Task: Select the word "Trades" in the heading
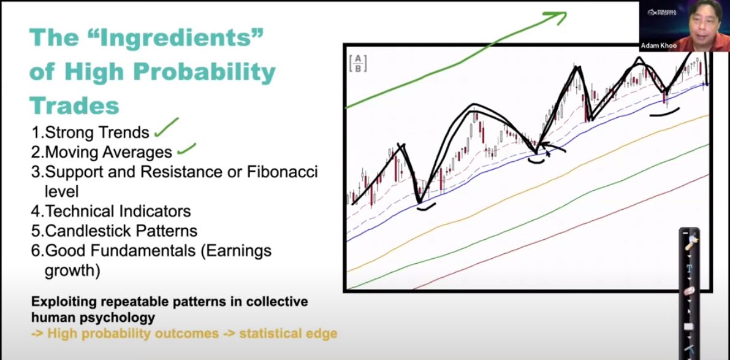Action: click(x=75, y=105)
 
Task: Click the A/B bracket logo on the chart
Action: click(x=358, y=63)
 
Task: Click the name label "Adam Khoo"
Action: click(x=658, y=45)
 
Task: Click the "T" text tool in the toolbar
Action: click(x=689, y=269)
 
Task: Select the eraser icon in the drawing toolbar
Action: click(x=689, y=291)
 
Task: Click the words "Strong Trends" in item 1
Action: click(x=97, y=132)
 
